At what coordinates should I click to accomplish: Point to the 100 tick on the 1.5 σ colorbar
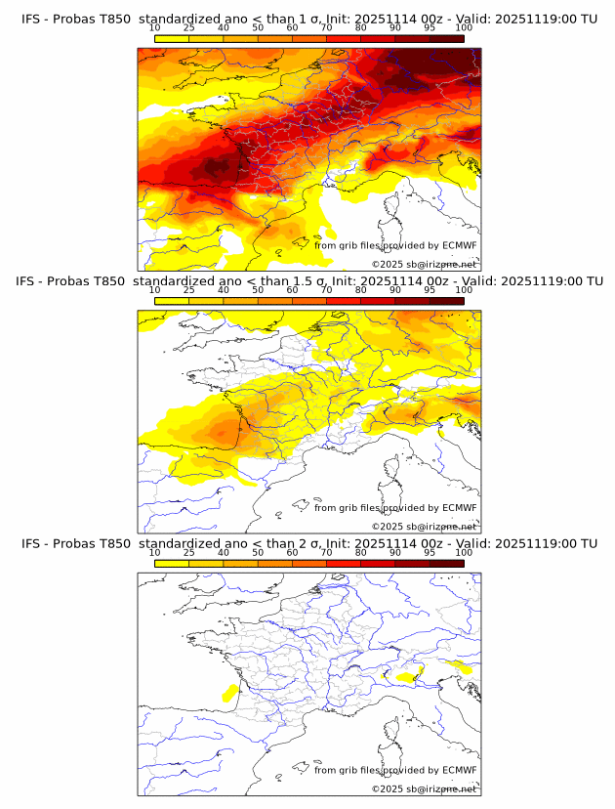tap(464, 290)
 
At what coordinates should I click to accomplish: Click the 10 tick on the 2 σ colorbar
tap(155, 553)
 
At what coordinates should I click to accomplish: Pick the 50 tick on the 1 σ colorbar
tap(258, 27)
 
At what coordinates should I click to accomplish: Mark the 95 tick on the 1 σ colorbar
tap(430, 27)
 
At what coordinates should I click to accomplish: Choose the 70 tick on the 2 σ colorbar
tap(326, 553)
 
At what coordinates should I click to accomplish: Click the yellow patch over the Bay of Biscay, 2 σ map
tap(230, 694)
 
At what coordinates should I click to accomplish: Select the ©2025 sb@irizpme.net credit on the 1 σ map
tap(424, 264)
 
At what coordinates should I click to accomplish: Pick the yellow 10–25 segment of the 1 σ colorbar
tap(172, 38)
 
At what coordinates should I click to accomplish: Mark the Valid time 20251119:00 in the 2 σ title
tap(537, 543)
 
